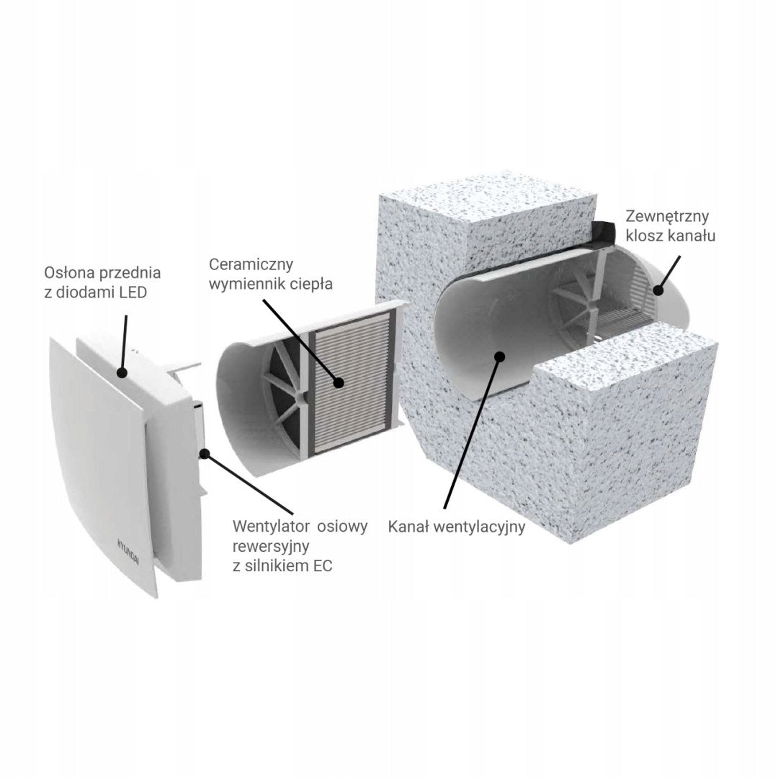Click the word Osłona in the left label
[68, 272]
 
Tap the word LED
[133, 292]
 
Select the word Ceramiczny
[251, 264]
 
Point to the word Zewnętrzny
[667, 216]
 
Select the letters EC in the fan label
[322, 565]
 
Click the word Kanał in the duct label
[408, 527]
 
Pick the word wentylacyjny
[479, 527]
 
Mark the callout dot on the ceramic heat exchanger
[339, 383]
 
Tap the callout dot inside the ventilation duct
[500, 356]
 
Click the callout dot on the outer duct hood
[658, 291]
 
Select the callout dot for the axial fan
[204, 452]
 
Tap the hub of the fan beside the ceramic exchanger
[300, 384]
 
